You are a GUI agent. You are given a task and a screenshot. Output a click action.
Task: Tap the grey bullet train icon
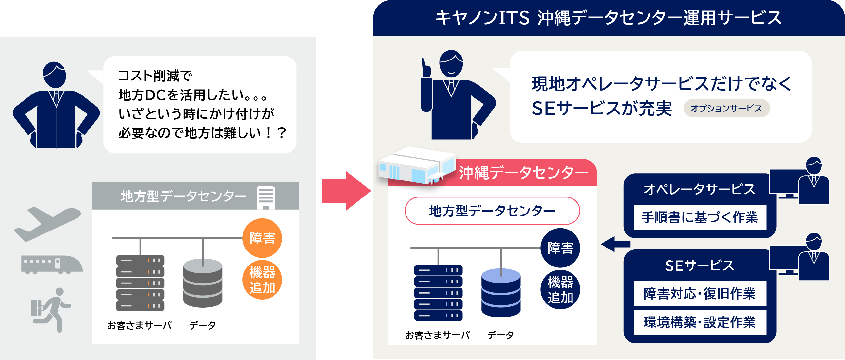tap(52, 264)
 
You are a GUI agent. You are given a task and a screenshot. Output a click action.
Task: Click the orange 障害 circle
tap(262, 238)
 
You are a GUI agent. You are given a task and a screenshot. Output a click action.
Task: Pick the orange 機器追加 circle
tap(262, 280)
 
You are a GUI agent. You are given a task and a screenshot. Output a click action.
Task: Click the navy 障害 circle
tap(560, 248)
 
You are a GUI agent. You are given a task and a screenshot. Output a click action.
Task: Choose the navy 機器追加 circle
tap(560, 290)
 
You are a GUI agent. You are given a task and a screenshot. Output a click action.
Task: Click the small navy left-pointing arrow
tap(615, 244)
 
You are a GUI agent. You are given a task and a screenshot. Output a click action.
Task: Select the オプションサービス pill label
tap(726, 108)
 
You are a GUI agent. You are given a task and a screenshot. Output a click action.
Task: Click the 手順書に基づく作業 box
tap(700, 217)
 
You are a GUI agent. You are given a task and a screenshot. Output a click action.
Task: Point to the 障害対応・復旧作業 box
tap(700, 293)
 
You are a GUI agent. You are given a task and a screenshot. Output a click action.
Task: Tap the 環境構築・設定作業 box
tap(700, 322)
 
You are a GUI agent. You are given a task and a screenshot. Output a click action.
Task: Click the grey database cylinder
tap(203, 283)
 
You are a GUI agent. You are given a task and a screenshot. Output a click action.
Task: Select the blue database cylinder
tap(501, 293)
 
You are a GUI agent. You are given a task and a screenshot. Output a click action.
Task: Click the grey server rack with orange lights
tap(140, 283)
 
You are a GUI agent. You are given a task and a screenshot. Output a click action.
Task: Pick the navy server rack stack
tap(438, 293)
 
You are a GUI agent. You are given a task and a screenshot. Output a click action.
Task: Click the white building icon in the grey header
tap(266, 197)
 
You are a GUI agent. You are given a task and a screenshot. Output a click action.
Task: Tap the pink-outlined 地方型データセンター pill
tap(492, 211)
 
